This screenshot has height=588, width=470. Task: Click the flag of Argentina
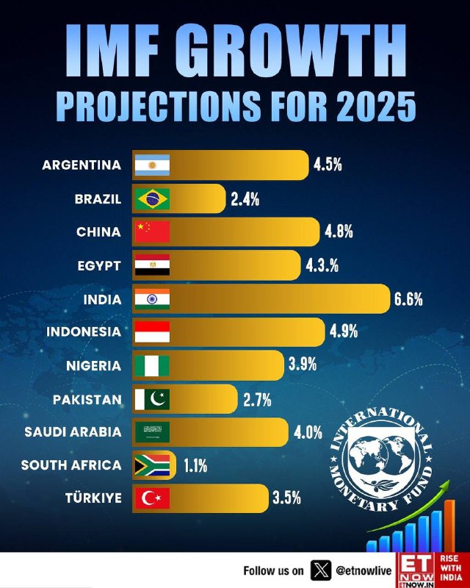[152, 165]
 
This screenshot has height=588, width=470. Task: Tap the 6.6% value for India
[408, 299]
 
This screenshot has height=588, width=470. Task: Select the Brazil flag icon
[152, 198]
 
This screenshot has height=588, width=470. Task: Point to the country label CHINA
[98, 232]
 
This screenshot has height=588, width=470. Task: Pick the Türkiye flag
[152, 498]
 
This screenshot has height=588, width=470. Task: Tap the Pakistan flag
[152, 399]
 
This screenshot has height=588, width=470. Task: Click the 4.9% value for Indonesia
[344, 332]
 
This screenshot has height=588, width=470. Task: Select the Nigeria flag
[152, 366]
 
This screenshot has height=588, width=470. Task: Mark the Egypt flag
[152, 265]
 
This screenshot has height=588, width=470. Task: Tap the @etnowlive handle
[361, 570]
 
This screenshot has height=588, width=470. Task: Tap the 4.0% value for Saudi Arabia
[308, 432]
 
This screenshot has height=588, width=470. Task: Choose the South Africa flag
[152, 465]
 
